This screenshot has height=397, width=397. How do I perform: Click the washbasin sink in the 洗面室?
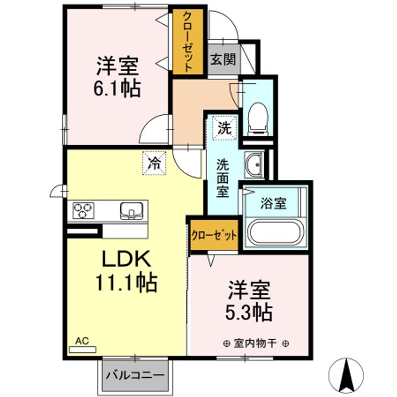point(254,165)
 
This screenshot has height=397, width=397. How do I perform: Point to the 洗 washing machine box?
point(224,128)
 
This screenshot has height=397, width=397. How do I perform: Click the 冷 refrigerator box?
point(154,162)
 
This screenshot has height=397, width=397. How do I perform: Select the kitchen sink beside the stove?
point(132,210)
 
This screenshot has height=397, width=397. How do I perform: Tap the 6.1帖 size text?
point(117,88)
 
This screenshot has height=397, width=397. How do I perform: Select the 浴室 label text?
point(273,203)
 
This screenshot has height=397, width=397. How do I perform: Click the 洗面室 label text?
point(223,178)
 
